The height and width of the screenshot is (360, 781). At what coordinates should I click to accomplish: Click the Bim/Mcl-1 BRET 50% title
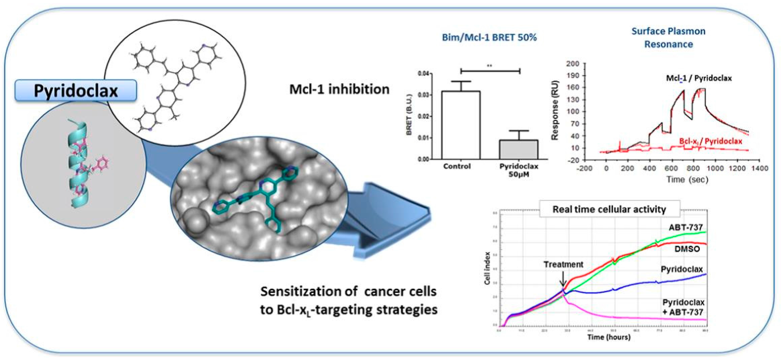pyautogui.click(x=489, y=38)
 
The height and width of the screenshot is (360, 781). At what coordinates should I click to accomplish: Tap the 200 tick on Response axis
pyautogui.click(x=573, y=64)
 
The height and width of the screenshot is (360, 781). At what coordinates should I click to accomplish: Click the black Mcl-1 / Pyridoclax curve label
pyautogui.click(x=698, y=78)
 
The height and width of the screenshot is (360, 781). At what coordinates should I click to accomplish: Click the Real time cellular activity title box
pyautogui.click(x=609, y=209)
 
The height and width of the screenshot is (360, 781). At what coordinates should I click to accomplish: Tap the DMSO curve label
pyautogui.click(x=687, y=249)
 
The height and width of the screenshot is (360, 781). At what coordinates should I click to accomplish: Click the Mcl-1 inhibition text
pyautogui.click(x=339, y=89)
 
